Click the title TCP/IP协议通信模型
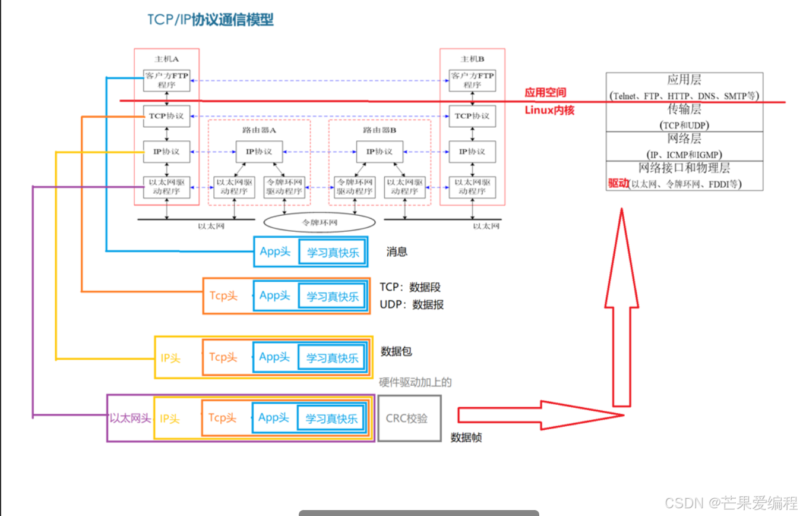[x=211, y=20]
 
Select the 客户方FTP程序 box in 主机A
[x=167, y=80]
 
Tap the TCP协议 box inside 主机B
[x=472, y=116]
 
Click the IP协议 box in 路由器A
[x=259, y=152]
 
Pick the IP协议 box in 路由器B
[x=380, y=152]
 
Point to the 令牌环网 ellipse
[x=320, y=222]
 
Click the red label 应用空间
[x=545, y=93]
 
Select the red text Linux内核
[x=549, y=110]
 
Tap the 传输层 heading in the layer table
[x=684, y=109]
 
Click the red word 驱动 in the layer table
[x=618, y=184]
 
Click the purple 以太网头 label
[x=130, y=419]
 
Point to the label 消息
[x=397, y=251]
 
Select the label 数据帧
[x=466, y=438]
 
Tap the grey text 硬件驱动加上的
[x=415, y=382]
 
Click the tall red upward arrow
[x=621, y=309]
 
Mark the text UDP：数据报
[x=412, y=305]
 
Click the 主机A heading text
[x=167, y=59]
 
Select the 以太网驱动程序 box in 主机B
[x=472, y=187]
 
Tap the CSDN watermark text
[x=731, y=503]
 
